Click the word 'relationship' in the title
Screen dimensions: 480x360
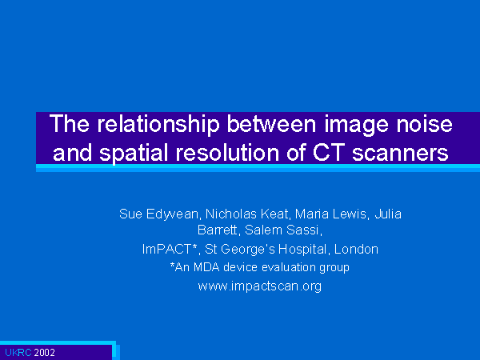[x=158, y=124]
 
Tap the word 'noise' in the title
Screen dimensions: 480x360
[x=424, y=124]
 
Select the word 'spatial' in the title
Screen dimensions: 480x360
[x=134, y=153]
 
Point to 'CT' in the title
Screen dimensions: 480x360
[x=329, y=152]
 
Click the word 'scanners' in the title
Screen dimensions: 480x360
[x=400, y=153]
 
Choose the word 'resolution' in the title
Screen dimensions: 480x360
[x=227, y=152]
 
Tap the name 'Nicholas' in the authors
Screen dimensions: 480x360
[x=231, y=214]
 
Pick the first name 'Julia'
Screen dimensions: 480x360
[x=388, y=214]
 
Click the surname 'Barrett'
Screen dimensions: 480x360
[x=218, y=230]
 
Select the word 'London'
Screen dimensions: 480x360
[x=356, y=249]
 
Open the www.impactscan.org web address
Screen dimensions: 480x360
[x=260, y=286]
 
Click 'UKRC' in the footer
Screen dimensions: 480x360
[x=18, y=353]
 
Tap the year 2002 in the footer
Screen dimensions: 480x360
[x=44, y=353]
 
